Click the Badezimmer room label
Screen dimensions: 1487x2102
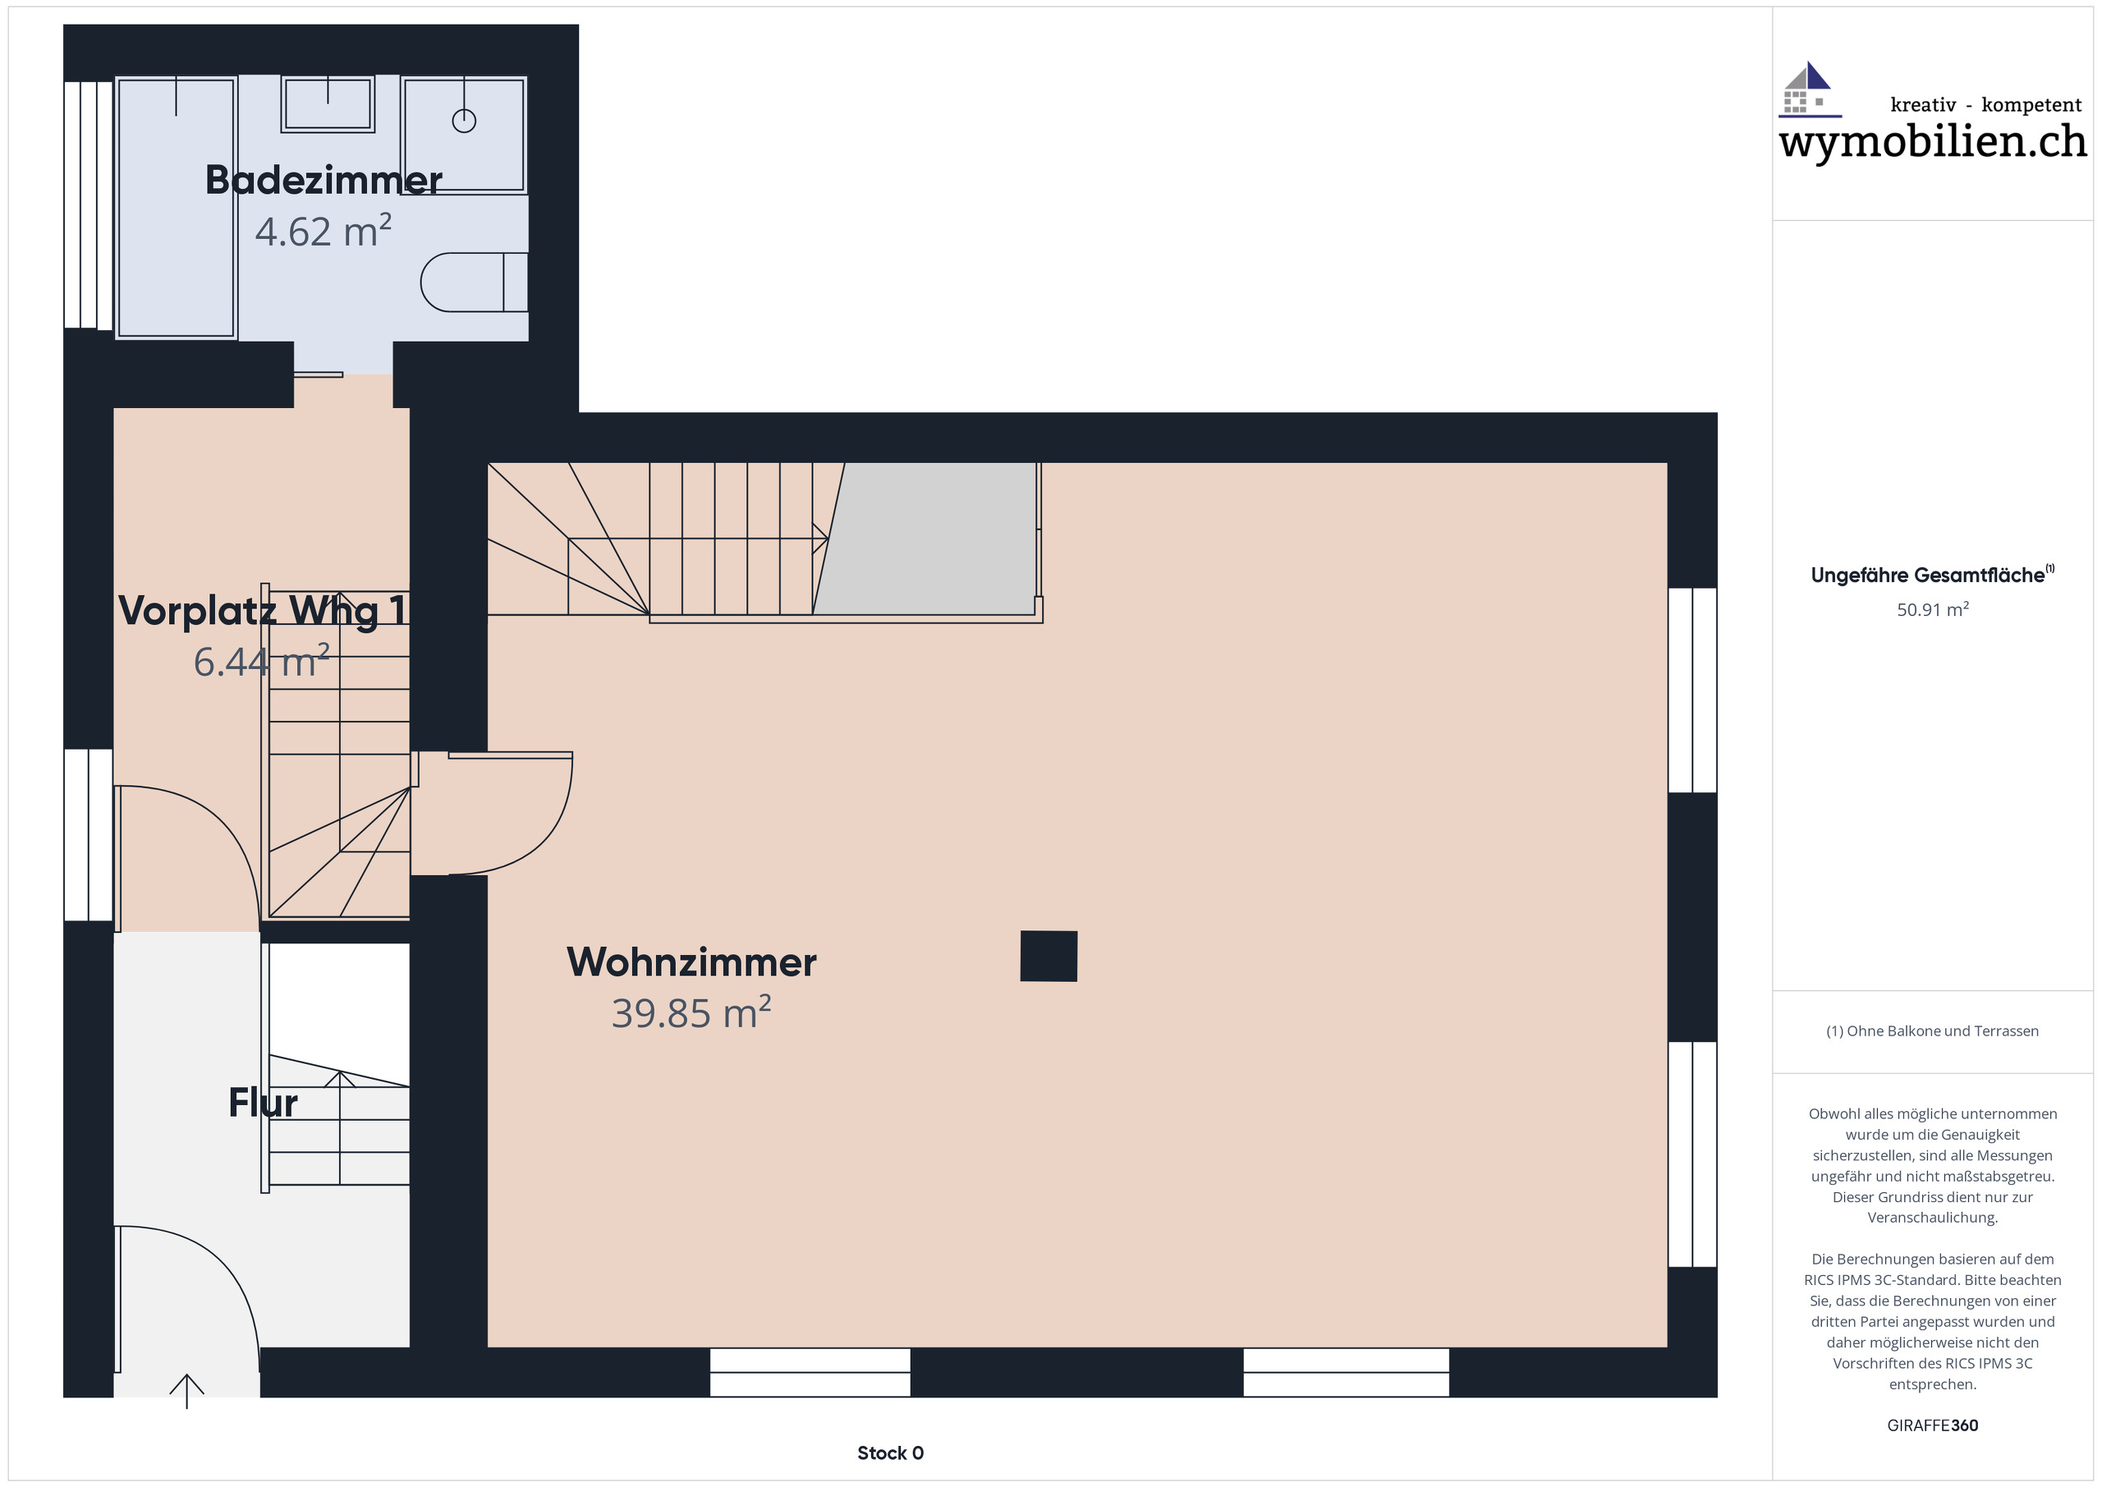324,181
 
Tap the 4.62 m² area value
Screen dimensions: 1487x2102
324,232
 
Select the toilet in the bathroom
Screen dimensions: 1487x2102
471,282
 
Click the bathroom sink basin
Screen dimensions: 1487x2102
328,103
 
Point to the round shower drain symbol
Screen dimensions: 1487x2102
464,121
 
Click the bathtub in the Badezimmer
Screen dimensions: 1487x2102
176,209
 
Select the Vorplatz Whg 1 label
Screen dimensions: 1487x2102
262,611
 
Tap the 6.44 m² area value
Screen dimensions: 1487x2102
261,662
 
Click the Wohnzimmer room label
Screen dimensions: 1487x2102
691,962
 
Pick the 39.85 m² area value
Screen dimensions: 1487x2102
691,1013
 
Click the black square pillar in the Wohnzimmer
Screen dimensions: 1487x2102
1049,956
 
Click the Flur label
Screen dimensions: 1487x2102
263,1103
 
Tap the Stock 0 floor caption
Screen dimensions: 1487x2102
890,1453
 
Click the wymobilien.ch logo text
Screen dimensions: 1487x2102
1932,142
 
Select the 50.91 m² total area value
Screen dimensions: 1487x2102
1932,610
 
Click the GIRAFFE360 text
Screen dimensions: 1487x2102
1932,1425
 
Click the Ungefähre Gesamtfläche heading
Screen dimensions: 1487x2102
1928,576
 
